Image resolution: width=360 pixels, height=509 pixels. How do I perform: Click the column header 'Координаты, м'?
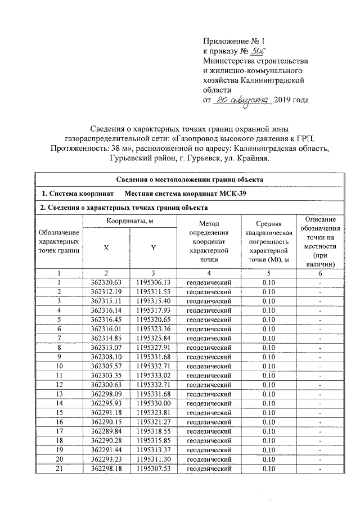point(130,221)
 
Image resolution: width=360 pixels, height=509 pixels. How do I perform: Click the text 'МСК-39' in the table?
point(231,194)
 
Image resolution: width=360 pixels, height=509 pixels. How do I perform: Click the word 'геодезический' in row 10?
point(209,366)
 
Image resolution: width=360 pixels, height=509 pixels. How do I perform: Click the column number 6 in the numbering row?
point(319,273)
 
